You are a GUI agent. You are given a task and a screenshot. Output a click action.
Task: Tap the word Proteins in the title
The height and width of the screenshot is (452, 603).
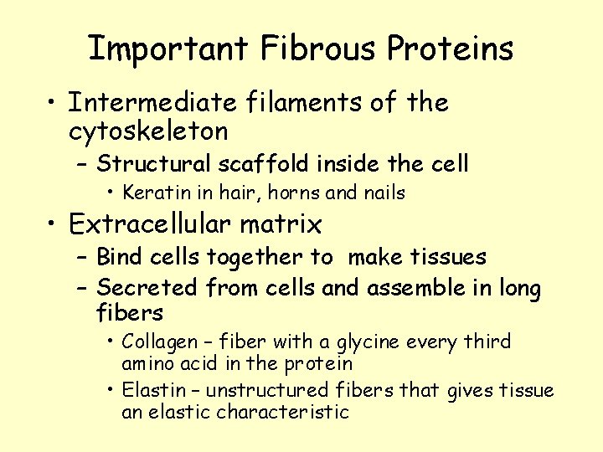[450, 49]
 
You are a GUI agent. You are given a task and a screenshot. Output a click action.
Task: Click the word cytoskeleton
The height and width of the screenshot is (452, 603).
[148, 131]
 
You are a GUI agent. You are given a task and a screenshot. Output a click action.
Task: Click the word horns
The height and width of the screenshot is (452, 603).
[293, 193]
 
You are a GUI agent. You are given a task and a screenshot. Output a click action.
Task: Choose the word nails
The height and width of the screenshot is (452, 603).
[383, 193]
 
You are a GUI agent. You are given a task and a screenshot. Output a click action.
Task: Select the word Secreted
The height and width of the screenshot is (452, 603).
[147, 289]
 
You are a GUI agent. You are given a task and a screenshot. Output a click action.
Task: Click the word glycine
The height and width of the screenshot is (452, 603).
[368, 343]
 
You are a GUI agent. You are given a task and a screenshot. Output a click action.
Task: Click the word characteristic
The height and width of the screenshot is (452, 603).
[282, 412]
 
